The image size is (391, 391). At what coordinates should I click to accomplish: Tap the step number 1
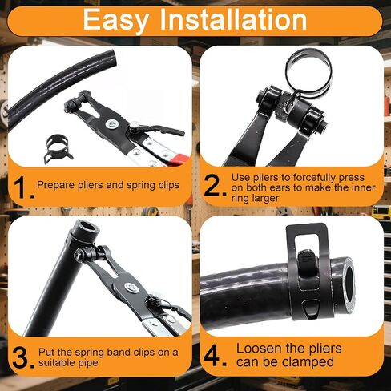tap(22, 187)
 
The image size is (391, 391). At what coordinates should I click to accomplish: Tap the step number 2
tap(215, 187)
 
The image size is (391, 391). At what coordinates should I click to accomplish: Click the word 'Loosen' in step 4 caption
tap(260, 349)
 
